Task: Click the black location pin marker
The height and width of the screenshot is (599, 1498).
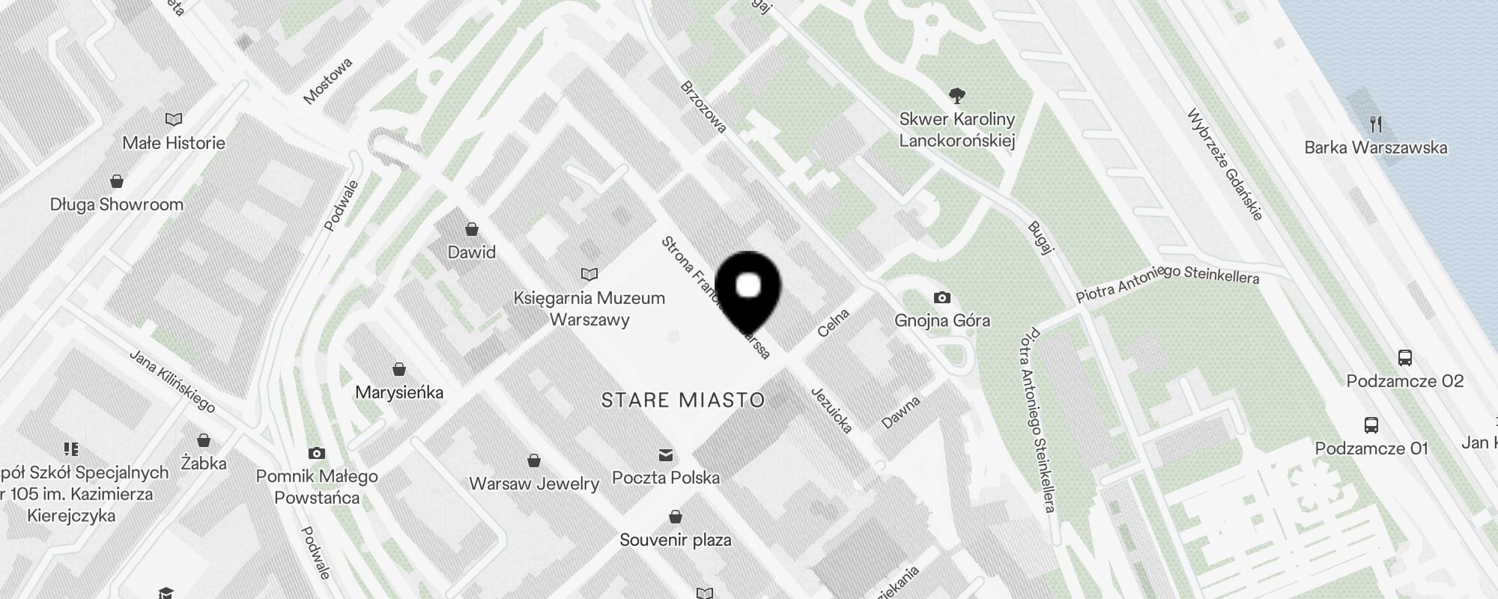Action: click(x=748, y=288)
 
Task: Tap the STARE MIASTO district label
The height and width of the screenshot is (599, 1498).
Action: click(x=682, y=400)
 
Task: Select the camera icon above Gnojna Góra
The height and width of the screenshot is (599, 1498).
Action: click(x=942, y=298)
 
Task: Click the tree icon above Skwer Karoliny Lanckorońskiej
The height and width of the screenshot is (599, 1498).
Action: click(x=956, y=95)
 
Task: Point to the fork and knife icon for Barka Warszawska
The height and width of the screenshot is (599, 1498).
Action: click(x=1375, y=124)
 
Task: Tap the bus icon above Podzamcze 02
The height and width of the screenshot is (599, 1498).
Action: click(x=1404, y=358)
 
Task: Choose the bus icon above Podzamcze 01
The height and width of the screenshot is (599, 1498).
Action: click(x=1371, y=425)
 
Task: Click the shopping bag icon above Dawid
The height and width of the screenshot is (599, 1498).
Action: click(x=472, y=228)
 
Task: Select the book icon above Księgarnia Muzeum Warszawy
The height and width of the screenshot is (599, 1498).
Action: click(x=589, y=275)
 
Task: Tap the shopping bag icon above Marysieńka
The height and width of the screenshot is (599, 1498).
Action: click(x=399, y=369)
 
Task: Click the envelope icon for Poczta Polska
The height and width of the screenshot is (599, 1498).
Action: click(x=665, y=455)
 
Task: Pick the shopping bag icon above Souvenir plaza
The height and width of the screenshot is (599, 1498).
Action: click(x=676, y=517)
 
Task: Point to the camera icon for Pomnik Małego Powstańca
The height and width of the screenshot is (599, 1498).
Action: click(x=317, y=453)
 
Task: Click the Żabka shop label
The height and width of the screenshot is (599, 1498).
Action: click(x=204, y=463)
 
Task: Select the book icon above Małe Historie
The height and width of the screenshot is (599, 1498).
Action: click(x=174, y=119)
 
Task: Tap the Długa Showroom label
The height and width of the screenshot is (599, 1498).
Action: click(x=117, y=204)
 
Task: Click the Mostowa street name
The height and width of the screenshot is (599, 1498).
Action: click(x=328, y=81)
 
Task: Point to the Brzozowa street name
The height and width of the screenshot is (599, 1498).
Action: click(x=703, y=106)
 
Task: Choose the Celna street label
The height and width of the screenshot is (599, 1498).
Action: click(x=834, y=323)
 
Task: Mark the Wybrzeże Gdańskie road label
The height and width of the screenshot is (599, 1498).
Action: click(x=1225, y=164)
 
